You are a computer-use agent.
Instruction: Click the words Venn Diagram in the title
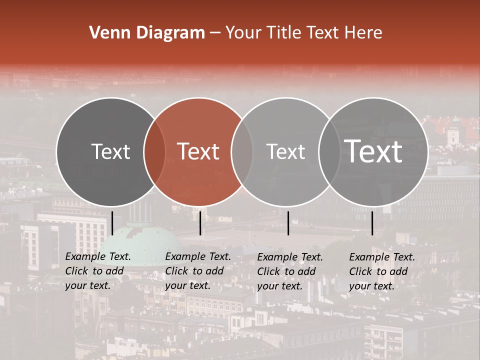click(x=147, y=33)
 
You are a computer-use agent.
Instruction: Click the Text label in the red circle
click(x=198, y=151)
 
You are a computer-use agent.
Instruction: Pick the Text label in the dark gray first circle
click(x=110, y=151)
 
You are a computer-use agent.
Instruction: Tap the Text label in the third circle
click(x=285, y=151)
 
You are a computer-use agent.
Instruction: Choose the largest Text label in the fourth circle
click(x=373, y=151)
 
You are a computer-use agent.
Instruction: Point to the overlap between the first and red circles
click(x=154, y=152)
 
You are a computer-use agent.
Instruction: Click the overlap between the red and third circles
click(x=242, y=152)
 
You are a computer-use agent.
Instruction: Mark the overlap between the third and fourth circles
click(x=329, y=152)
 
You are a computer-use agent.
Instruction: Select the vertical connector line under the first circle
click(x=112, y=223)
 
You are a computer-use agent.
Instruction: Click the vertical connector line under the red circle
click(x=200, y=223)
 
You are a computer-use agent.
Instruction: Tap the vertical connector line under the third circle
click(x=288, y=223)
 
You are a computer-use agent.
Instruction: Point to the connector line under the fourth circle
click(x=372, y=223)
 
